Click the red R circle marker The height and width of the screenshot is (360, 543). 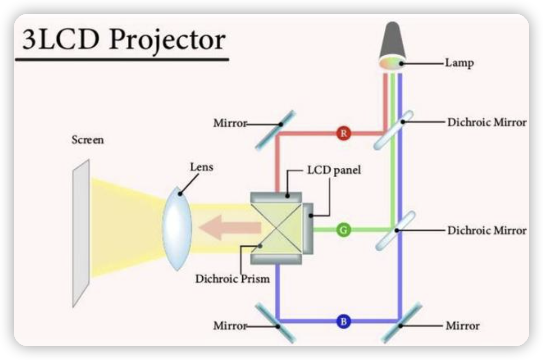pos(343,134)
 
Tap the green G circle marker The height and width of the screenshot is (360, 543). pos(343,230)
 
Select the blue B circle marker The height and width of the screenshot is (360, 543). pos(343,322)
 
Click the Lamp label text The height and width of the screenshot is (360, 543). pos(459,63)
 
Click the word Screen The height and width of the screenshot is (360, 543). pos(88,140)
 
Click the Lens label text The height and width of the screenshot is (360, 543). pos(201,168)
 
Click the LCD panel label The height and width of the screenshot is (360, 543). pos(334,170)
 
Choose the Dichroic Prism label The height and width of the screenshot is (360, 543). pos(232,279)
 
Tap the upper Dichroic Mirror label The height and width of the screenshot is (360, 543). pos(487,122)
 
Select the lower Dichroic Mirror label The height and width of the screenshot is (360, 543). pos(487,230)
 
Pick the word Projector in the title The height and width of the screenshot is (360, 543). pos(167,40)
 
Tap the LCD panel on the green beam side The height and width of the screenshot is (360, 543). pos(308,229)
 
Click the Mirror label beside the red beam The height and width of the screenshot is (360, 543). pos(230,124)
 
